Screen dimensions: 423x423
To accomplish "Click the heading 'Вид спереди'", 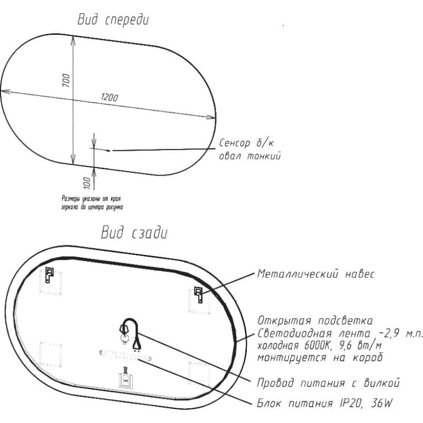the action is (x=113, y=20).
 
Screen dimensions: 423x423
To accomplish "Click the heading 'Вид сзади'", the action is (x=134, y=233).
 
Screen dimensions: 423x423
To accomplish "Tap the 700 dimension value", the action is (x=66, y=80).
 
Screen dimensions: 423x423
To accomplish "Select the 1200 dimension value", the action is (x=109, y=97).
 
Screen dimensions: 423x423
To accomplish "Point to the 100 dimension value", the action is (x=87, y=183).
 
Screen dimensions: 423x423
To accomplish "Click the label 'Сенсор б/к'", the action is (x=246, y=143).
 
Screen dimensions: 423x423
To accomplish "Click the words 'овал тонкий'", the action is (x=250, y=156).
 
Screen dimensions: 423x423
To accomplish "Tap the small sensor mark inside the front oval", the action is (x=108, y=151).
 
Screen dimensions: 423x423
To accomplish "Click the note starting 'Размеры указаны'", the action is (x=92, y=203).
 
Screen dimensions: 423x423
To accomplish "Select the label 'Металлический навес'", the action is (x=316, y=274).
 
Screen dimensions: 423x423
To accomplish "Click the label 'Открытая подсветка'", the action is (x=315, y=320).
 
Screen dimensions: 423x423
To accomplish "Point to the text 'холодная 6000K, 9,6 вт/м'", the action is (x=319, y=345).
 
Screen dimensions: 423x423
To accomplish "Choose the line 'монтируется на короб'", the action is (x=320, y=357).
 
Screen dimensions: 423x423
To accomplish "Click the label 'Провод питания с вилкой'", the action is (x=328, y=382).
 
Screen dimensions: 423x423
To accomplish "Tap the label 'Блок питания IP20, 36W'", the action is (x=325, y=403).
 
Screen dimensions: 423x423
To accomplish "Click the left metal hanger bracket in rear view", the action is (x=49, y=274).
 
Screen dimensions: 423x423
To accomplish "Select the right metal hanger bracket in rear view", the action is (x=199, y=295).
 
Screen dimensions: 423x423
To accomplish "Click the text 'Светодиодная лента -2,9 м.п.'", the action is (x=340, y=334).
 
